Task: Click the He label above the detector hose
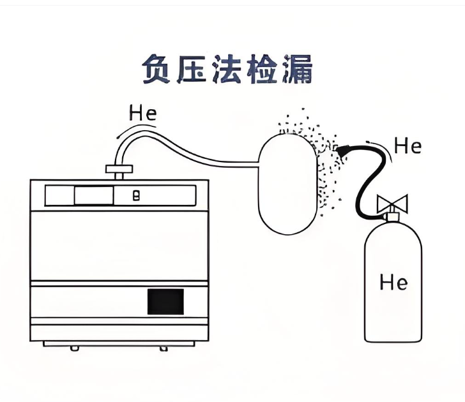142,114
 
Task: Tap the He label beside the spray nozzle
408,146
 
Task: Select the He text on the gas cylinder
393,281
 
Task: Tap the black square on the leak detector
165,302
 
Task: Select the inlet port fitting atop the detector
119,170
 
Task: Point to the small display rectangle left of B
93,196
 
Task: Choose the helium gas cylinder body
393,287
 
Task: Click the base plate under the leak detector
119,343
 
